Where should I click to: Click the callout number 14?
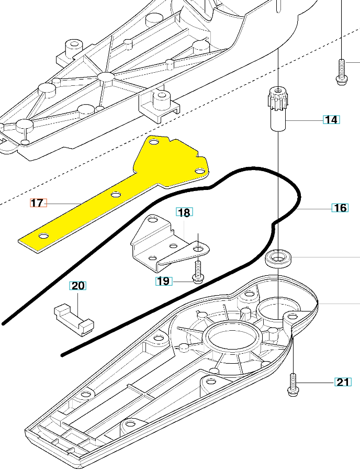[x=331, y=120]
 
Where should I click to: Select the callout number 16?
[x=340, y=208]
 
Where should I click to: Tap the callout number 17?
[x=37, y=203]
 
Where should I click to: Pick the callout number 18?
[x=184, y=212]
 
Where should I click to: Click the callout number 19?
[x=163, y=281]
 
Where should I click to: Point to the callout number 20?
[x=77, y=286]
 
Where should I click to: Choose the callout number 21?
[x=343, y=382]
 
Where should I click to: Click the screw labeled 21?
[x=292, y=383]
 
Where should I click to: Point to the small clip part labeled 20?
[x=73, y=317]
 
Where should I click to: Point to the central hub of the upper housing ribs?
[x=106, y=77]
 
